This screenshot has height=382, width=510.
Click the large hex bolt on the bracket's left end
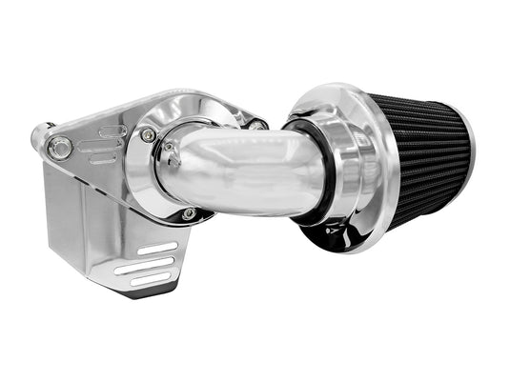coord(61,146)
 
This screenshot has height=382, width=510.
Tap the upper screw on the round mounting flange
coord(148,135)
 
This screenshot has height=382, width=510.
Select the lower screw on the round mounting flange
coord(189,213)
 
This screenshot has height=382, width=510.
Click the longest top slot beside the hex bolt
coord(111,131)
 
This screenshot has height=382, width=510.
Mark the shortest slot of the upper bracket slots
coord(99,158)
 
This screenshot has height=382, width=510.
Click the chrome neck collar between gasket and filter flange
coord(328,171)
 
